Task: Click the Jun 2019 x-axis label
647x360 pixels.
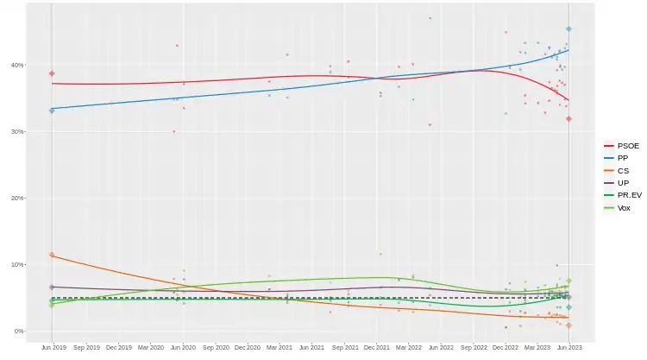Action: tap(53, 347)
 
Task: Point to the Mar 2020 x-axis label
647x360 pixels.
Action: tap(150, 347)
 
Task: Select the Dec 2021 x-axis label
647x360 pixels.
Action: tap(376, 347)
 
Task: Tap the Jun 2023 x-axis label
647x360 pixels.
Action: tap(569, 347)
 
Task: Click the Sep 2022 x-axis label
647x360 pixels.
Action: tap(474, 347)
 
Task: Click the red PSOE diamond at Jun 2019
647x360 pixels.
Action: tap(52, 73)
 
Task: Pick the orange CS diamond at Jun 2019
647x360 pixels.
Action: tap(52, 255)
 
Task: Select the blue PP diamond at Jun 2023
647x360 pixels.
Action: tap(568, 29)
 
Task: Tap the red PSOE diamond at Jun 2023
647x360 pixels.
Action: tap(568, 118)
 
